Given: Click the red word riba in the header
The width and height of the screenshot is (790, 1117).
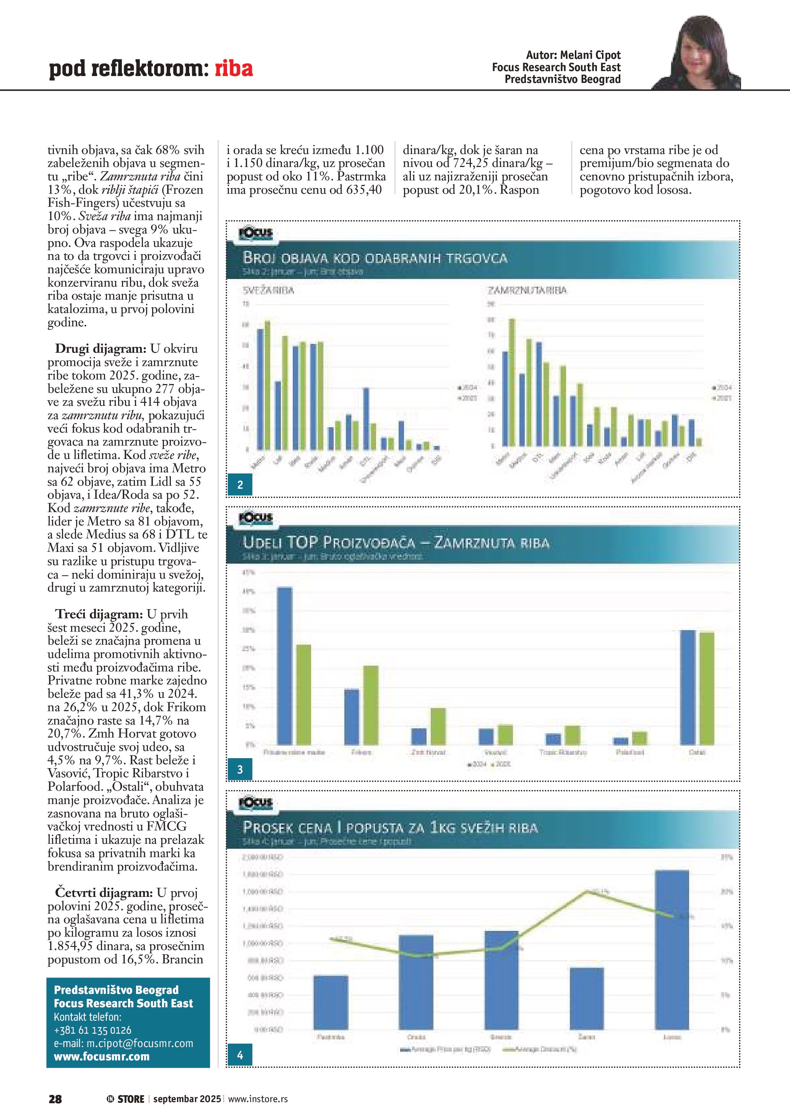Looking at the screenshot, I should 234,68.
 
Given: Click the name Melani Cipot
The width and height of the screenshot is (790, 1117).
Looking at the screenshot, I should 590,55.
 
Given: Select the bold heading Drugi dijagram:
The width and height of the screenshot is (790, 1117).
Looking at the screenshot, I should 100,349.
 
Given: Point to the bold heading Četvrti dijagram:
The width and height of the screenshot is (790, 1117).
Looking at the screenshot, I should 104,893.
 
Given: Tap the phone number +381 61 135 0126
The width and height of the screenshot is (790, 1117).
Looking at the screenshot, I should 92,1030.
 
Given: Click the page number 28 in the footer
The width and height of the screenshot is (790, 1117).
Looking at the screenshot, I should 55,1099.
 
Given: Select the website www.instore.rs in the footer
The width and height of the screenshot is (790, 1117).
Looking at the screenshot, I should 258,1099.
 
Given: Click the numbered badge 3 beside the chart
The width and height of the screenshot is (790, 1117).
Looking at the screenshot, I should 240,770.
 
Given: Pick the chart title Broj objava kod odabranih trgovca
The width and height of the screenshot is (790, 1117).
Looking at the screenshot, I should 375,258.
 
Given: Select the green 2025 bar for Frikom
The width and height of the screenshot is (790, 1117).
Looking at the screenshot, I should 371,705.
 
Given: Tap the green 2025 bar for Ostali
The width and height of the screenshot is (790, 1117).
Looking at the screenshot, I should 707,688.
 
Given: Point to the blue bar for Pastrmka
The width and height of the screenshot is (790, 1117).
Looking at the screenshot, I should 331,1002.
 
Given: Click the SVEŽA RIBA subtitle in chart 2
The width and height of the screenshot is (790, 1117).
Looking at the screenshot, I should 269,290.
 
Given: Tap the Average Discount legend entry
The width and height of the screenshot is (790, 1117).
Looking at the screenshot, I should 540,1049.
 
